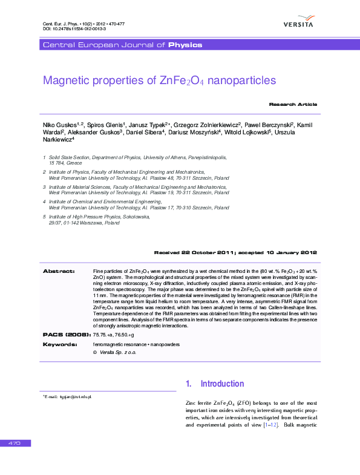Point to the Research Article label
293,105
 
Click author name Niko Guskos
59,124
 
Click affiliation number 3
44,188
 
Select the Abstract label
59,270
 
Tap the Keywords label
60,344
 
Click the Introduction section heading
222,384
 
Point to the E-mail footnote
67,396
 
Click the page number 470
15,444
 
